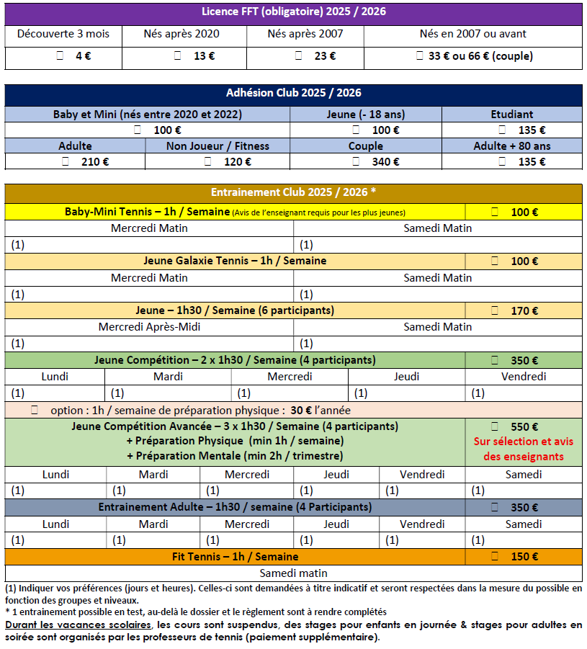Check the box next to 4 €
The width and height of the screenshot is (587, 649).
point(60,56)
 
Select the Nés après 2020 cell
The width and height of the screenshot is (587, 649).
point(184,34)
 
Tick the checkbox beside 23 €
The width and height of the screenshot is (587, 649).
point(298,56)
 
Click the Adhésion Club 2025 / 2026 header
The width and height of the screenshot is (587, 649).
point(293,93)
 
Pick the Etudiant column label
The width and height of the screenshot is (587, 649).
point(511,114)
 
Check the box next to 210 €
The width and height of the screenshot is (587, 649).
point(66,162)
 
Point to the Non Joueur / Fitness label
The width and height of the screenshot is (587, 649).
point(217,146)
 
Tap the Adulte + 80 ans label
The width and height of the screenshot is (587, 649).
point(511,146)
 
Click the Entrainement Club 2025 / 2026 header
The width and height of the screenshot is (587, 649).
point(293,192)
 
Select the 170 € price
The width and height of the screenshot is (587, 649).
point(524,311)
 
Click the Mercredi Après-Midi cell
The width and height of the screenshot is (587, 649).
point(149,327)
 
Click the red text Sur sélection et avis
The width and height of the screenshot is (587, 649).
point(523,442)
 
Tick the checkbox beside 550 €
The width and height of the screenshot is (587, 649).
point(495,426)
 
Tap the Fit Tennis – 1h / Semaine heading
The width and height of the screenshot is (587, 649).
point(235,557)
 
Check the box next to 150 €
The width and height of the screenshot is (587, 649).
point(495,557)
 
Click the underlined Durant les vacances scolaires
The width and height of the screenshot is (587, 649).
point(78,625)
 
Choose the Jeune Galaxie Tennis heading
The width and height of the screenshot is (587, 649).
point(235,261)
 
